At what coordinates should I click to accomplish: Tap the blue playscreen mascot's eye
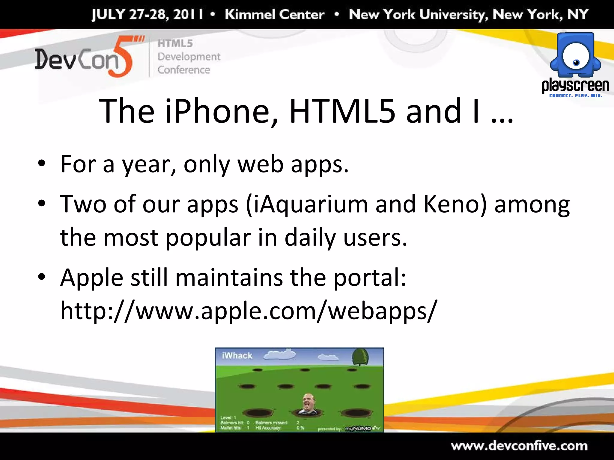(x=576, y=62)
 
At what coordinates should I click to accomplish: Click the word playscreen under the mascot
(x=575, y=86)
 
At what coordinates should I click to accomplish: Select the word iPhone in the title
(x=217, y=111)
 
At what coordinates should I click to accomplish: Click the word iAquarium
(x=310, y=205)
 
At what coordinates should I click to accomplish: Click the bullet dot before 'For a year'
(x=42, y=164)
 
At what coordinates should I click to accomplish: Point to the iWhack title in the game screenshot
(x=237, y=355)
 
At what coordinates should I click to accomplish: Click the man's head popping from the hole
(x=308, y=403)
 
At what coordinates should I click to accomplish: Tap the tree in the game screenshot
(x=360, y=357)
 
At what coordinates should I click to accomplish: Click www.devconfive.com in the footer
(x=519, y=446)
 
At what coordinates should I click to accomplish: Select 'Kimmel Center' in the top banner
(x=275, y=14)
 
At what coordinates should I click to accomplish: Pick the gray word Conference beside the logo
(x=184, y=70)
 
